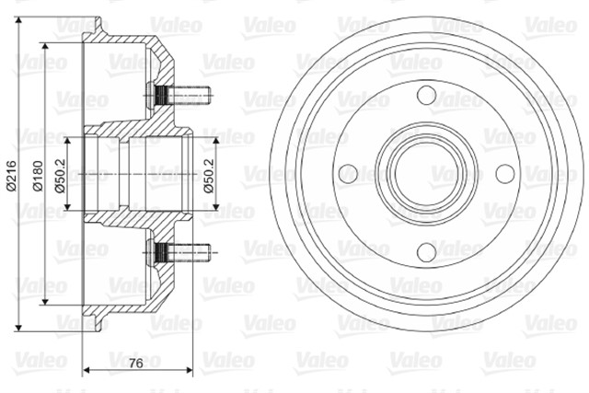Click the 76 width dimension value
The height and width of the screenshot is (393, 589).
coord(134,365)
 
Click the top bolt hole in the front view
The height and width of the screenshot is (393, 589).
coord(425,95)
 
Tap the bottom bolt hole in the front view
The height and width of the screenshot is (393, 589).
coord(425,249)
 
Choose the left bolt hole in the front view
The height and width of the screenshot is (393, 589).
coord(348,172)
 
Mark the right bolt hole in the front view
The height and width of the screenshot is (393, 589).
coord(503,172)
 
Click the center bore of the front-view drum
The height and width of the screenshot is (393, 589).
coord(425,172)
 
